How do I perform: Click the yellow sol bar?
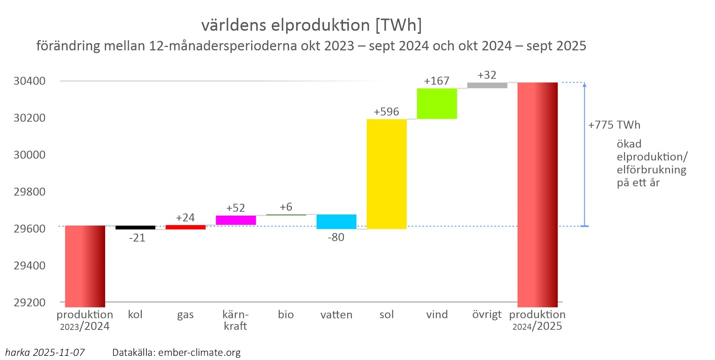(x=386, y=174)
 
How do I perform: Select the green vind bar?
(x=437, y=104)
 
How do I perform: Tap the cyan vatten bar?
(x=336, y=222)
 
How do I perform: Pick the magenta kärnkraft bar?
(x=236, y=220)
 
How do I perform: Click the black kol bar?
(x=135, y=227)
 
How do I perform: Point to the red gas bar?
(x=186, y=227)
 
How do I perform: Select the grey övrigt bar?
(x=487, y=85)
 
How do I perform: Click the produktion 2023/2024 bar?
(x=85, y=266)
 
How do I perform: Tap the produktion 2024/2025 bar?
(x=537, y=195)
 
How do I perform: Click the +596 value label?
(x=386, y=112)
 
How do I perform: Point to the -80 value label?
(x=336, y=237)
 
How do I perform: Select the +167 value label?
(x=436, y=81)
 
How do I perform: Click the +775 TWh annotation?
(x=614, y=125)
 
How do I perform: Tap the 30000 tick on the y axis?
(x=29, y=155)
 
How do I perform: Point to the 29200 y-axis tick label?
(x=29, y=302)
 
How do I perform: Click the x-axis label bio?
(x=286, y=315)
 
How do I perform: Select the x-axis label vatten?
(x=336, y=315)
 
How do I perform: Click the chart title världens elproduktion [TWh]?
(x=311, y=25)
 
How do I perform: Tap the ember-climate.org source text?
(x=199, y=353)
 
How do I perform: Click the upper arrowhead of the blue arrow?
(x=584, y=85)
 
